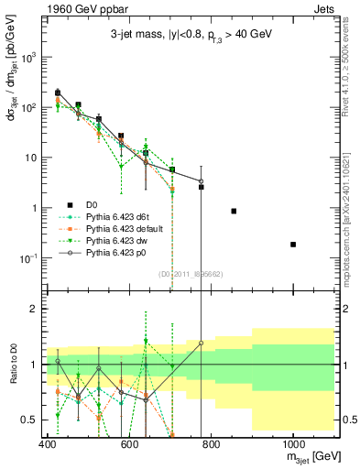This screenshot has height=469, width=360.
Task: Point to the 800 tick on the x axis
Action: click(x=211, y=445)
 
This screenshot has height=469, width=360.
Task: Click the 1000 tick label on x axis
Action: click(x=292, y=445)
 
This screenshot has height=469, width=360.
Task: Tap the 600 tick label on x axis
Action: click(x=129, y=445)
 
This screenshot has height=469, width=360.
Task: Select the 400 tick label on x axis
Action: click(x=48, y=445)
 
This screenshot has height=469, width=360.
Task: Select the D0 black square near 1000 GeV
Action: click(x=292, y=245)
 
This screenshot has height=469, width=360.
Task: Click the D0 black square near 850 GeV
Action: click(x=234, y=211)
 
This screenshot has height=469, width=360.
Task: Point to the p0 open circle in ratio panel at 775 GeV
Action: click(x=201, y=344)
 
